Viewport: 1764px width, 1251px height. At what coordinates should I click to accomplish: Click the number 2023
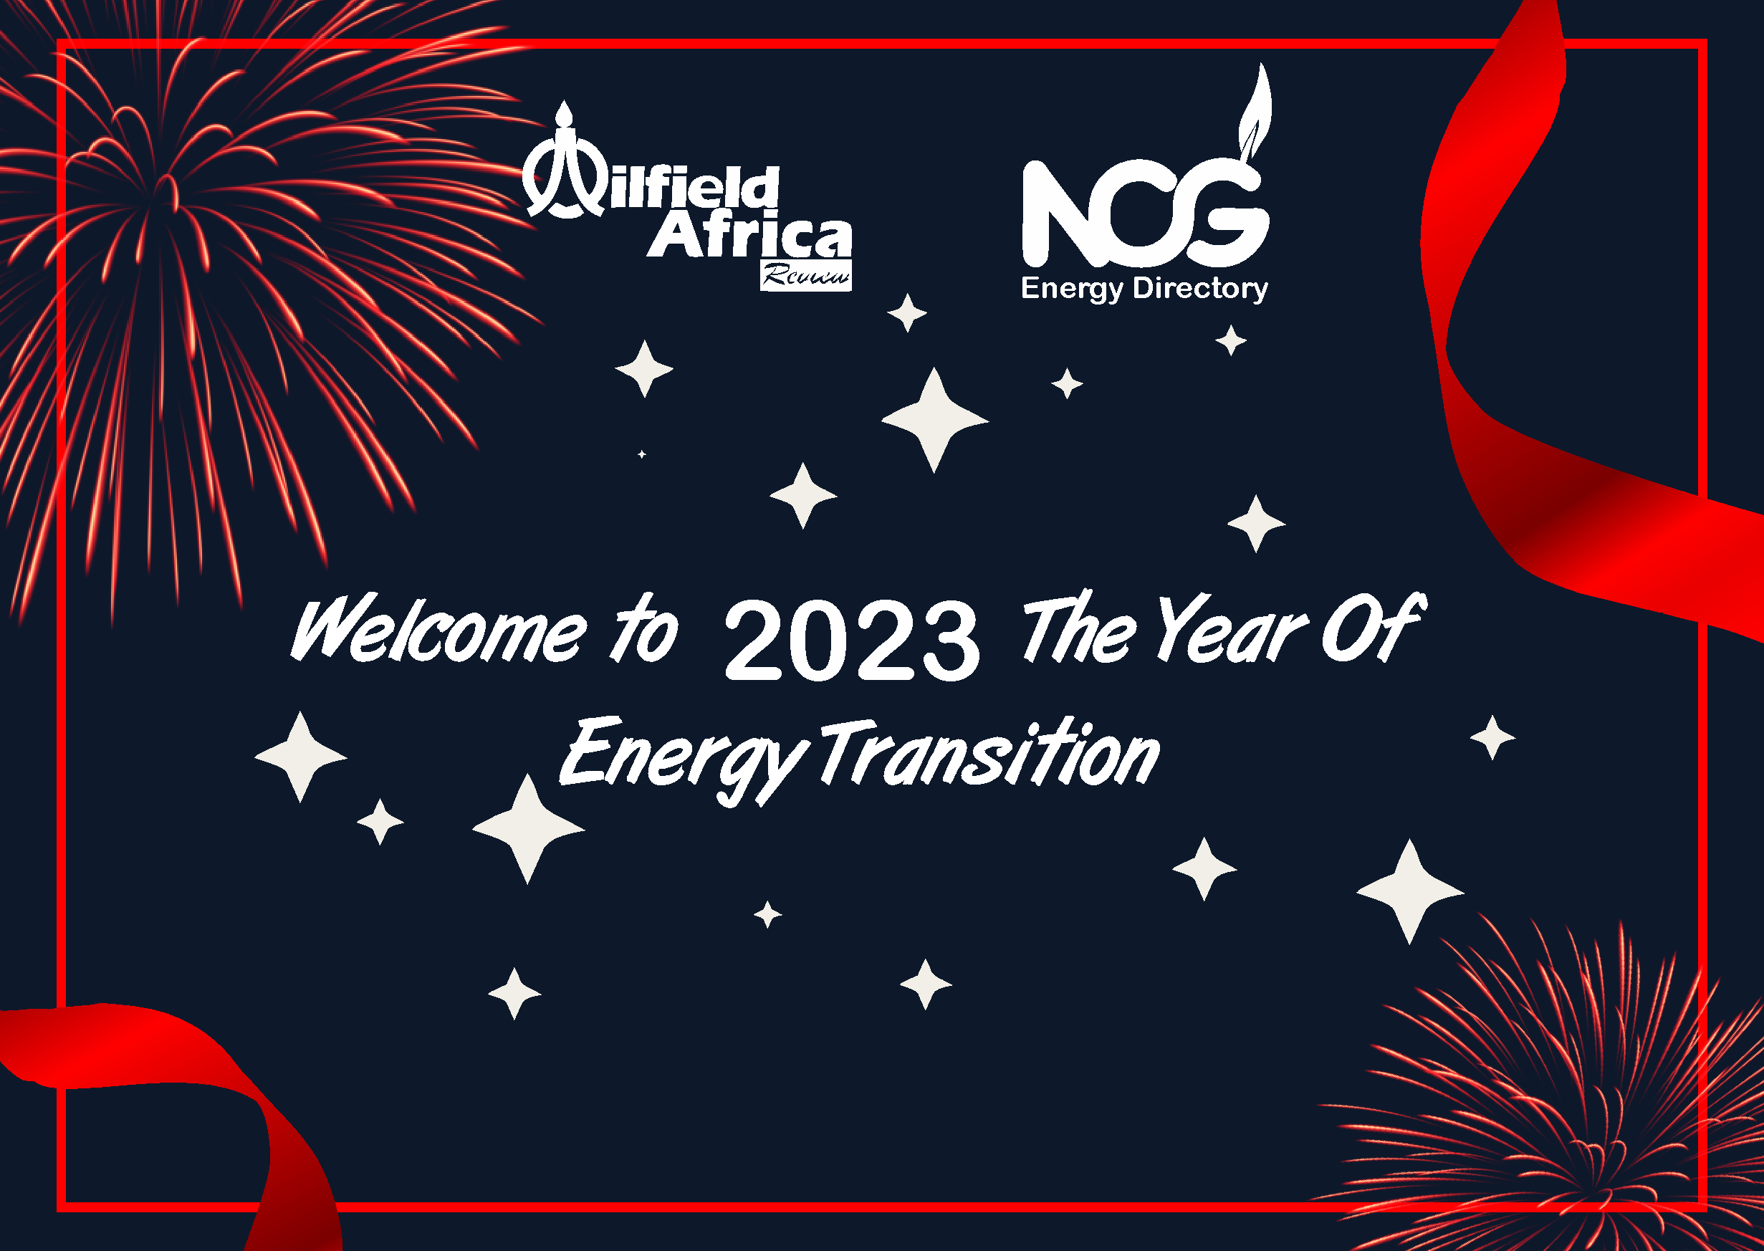coord(853,641)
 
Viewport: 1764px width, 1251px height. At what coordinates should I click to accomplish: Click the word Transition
coord(989,753)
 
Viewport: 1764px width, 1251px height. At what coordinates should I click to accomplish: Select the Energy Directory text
coord(1145,289)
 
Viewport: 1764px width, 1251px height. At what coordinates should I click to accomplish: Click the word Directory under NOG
coord(1200,289)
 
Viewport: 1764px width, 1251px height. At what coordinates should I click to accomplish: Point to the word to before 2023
coord(645,629)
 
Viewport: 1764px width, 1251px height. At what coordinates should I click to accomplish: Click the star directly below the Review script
coord(907,312)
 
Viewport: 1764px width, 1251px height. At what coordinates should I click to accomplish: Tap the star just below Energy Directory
coord(1231,340)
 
